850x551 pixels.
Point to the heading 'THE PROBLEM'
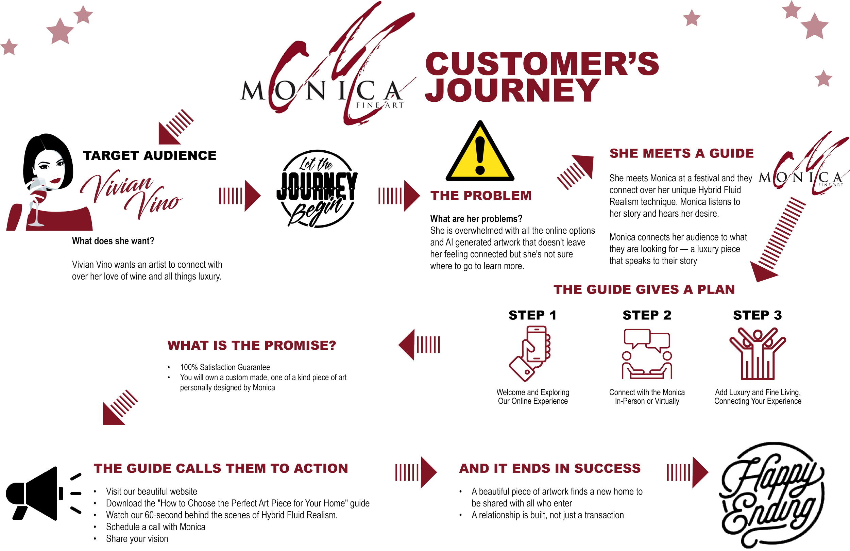pos(481,196)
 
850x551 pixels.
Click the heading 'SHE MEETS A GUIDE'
pos(681,153)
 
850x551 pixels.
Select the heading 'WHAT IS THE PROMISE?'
pos(251,345)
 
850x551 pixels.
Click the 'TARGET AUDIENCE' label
pos(150,155)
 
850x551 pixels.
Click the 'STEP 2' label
pos(647,315)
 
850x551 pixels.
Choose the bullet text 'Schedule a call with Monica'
pos(156,527)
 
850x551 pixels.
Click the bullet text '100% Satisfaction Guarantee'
pos(225,367)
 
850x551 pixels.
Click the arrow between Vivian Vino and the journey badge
pos(240,196)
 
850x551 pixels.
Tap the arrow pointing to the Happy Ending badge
pos(687,472)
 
